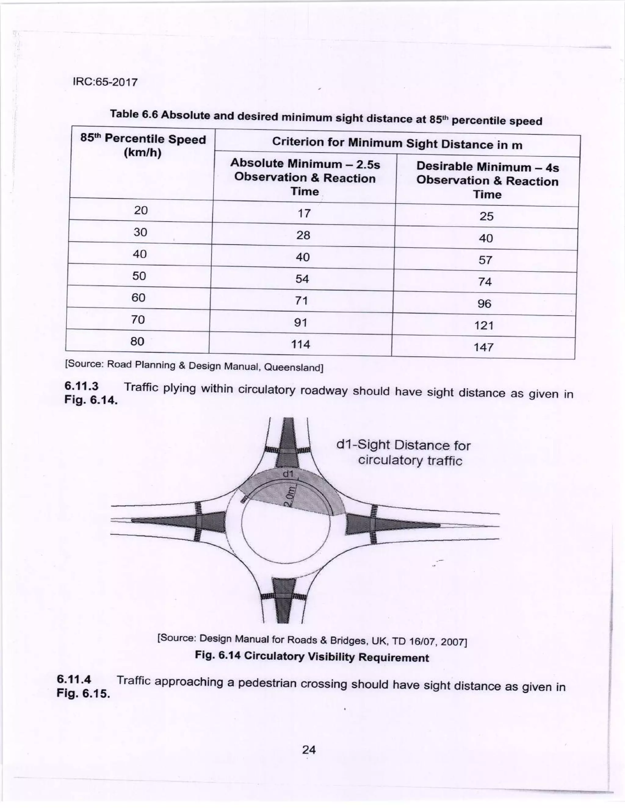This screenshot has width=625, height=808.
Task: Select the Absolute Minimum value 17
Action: (x=304, y=213)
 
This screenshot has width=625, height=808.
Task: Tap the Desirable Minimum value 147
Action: (x=484, y=347)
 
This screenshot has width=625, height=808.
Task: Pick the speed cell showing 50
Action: (x=139, y=276)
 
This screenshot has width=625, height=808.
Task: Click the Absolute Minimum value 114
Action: (x=300, y=344)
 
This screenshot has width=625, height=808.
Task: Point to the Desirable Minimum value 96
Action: (x=484, y=303)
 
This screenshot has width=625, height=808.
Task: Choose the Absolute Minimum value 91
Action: (x=301, y=323)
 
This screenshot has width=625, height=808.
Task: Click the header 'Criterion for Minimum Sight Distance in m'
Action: (x=397, y=143)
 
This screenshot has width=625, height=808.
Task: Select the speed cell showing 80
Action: (x=137, y=341)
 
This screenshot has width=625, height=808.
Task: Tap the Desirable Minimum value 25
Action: (x=486, y=216)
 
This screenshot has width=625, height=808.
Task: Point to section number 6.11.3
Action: (x=81, y=386)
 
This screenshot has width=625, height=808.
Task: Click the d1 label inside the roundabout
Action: (x=288, y=474)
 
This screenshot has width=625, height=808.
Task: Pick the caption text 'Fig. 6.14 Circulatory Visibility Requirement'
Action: (x=312, y=657)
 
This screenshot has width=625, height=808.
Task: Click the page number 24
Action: (x=309, y=749)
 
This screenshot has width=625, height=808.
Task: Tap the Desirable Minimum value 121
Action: (x=484, y=325)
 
